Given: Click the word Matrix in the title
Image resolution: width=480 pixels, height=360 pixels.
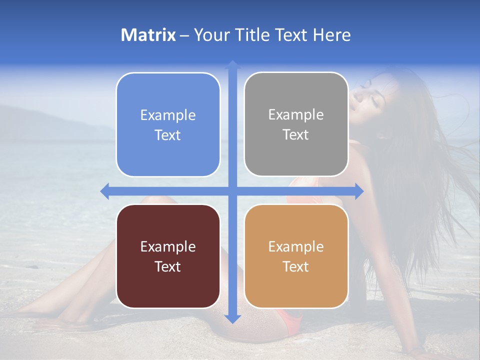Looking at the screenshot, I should click(x=148, y=35).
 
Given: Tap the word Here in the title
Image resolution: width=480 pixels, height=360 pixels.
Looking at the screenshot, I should click(x=332, y=35).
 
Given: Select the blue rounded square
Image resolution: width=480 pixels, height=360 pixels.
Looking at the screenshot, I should click(x=168, y=124).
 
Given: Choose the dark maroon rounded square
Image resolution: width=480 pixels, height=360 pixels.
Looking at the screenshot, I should click(x=168, y=256).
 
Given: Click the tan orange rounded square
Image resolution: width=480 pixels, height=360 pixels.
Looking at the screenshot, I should click(x=296, y=256).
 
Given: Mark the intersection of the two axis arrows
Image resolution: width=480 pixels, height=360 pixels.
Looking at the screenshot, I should click(x=232, y=191).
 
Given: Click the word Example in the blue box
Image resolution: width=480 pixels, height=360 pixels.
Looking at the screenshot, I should click(x=168, y=115).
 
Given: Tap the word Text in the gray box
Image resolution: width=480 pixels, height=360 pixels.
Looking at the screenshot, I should click(x=296, y=135).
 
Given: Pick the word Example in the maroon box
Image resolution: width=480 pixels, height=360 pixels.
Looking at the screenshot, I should click(x=168, y=246).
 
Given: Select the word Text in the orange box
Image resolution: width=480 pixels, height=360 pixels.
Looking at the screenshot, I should click(x=296, y=266).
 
